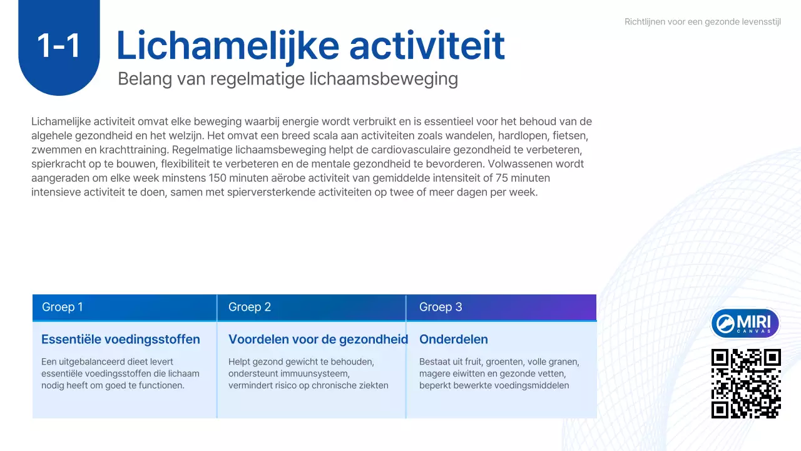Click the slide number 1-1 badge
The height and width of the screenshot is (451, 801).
coord(59,46)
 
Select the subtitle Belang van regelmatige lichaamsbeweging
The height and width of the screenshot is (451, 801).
coord(288,80)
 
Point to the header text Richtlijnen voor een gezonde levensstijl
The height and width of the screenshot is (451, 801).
coord(702,22)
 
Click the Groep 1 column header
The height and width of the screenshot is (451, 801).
coord(63,307)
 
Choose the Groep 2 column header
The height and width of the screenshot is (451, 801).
coord(250,307)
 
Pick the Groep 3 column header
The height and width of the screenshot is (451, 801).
coord(441,307)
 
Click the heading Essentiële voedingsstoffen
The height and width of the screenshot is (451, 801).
coord(121,340)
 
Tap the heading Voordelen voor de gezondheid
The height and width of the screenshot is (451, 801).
coord(318,340)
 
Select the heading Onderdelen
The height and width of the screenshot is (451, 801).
coord(454,340)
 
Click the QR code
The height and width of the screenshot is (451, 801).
coord(746,383)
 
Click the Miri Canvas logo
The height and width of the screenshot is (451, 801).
coord(745,323)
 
